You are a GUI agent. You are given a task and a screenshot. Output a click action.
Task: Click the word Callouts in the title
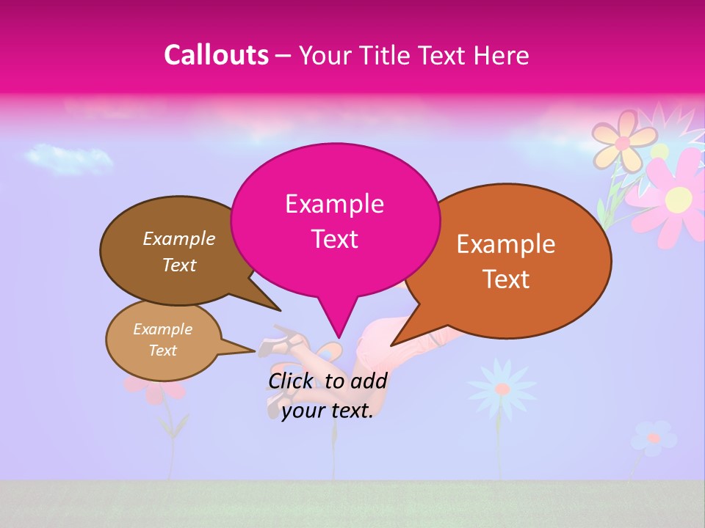pos(216,55)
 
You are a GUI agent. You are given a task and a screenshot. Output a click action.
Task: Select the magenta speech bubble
pos(335,220)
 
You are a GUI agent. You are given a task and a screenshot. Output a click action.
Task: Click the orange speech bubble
pos(507,261)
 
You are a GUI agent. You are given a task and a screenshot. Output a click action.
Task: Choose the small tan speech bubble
pos(163,340)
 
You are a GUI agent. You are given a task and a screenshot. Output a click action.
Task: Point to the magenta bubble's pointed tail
pos(337,326)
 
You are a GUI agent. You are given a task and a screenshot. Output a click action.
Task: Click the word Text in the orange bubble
pos(507,279)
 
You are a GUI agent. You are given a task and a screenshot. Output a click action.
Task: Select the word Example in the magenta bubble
pos(335,204)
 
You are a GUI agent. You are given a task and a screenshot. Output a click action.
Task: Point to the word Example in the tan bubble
pos(163,329)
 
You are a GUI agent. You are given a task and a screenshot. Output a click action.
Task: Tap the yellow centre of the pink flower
pos(679,197)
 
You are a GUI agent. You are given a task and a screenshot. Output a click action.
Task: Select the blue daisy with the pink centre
pos(502,388)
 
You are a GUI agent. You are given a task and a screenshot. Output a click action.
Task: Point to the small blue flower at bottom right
pos(653,438)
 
